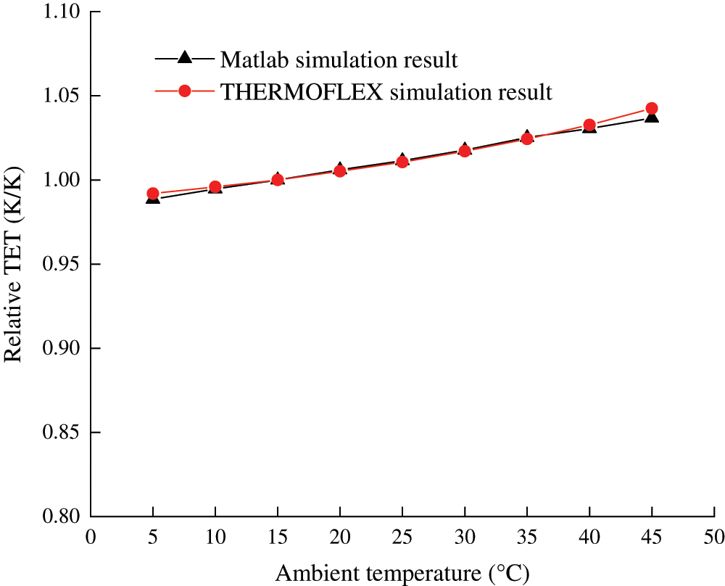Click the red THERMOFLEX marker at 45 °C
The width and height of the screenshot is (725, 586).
[x=651, y=109]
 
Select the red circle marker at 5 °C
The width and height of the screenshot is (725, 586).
[x=153, y=194]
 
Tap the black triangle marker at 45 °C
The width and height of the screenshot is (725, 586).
[x=651, y=116]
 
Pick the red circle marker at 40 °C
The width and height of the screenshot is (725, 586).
[x=589, y=125]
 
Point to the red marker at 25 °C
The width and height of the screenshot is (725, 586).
[x=402, y=161]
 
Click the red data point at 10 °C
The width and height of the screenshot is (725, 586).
[x=215, y=187]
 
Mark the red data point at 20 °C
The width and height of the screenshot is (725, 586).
[x=339, y=171]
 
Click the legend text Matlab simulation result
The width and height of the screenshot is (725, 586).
[x=339, y=59]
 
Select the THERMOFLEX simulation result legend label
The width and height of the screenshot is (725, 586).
[x=386, y=92]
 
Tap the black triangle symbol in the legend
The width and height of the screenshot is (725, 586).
[x=184, y=57]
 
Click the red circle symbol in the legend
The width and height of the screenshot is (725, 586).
[x=184, y=91]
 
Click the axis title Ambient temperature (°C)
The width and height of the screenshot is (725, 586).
[x=402, y=573]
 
